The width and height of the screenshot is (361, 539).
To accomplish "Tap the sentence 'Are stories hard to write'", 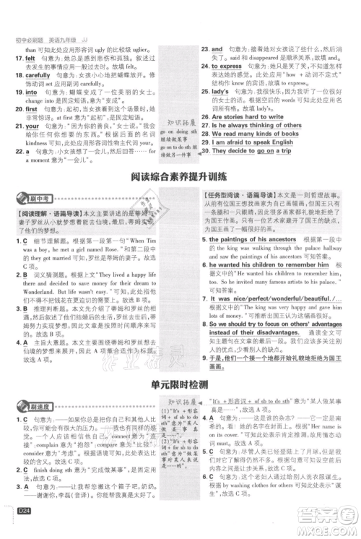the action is click(253, 116).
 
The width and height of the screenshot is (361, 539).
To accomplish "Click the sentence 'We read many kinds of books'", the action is click(258, 134).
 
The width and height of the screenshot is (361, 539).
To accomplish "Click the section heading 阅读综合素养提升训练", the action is click(180, 178).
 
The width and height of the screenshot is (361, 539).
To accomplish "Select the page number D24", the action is click(20, 525).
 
